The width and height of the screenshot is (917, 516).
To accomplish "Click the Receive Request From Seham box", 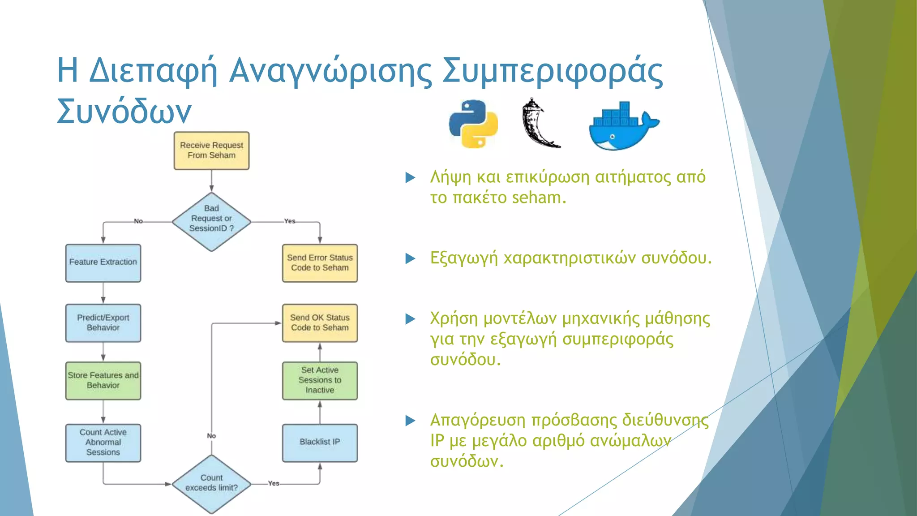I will coord(211,150).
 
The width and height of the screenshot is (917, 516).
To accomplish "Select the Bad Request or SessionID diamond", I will coord(211,222).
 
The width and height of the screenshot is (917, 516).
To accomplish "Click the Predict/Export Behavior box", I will coord(103,323).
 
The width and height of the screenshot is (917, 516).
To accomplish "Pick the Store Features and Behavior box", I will coord(103,381).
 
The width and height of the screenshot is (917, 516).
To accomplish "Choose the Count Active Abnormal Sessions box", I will coord(103,443).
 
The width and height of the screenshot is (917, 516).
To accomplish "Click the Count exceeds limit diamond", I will coord(211,484).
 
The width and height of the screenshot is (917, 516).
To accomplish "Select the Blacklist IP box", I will coord(320,443).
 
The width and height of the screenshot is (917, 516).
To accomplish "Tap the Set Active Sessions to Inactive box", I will coord(320,381).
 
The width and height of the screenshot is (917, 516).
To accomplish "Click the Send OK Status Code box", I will coord(320,323).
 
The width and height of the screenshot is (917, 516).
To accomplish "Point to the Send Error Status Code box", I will coord(320,263).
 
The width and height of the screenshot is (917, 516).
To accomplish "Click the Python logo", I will coord(473,124).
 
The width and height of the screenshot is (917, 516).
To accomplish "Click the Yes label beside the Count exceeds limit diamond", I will coord(274,484).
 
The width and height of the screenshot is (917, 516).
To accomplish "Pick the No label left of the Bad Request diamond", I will coord(138,221).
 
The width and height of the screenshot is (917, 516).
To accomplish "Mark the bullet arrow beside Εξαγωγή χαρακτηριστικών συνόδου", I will coord(410,258).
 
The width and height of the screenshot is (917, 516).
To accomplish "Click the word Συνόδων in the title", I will coord(124,111).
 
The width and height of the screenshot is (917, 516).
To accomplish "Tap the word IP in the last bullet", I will coord(437,441).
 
